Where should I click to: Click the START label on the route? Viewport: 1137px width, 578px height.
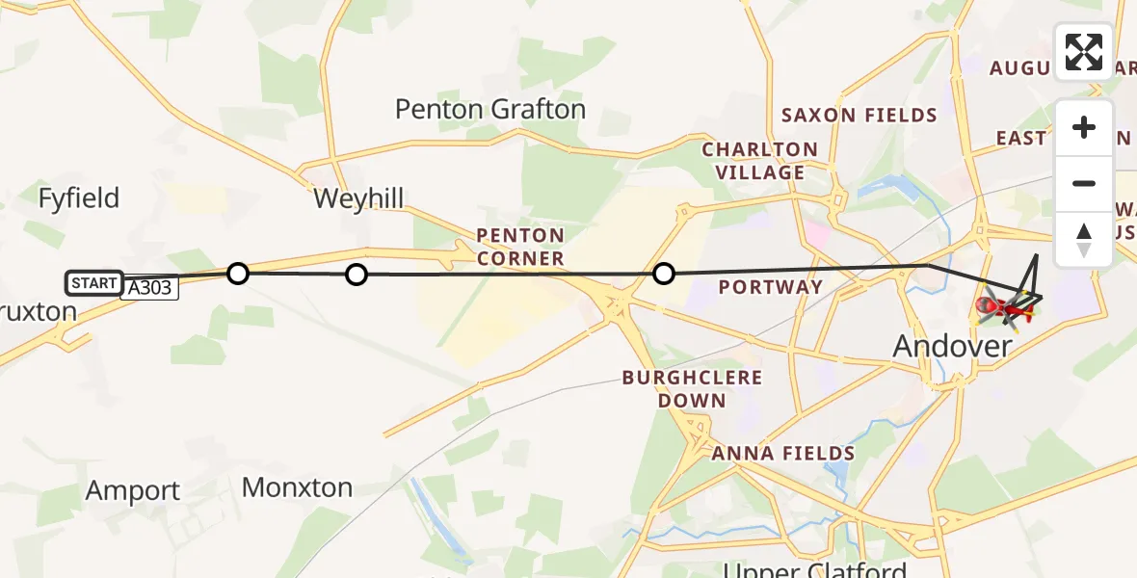coord(93,282)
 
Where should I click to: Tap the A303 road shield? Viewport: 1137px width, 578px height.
coord(149,288)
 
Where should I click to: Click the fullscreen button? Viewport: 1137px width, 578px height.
coord(1084,52)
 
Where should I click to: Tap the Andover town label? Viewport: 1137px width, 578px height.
coord(953,346)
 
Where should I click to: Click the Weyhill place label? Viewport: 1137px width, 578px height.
coord(358,199)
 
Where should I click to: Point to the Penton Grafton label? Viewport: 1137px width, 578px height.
coord(489,110)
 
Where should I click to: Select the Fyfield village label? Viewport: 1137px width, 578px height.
coord(79,198)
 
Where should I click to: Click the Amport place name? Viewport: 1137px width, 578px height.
coord(133,490)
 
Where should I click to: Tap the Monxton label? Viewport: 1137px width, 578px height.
coord(297,487)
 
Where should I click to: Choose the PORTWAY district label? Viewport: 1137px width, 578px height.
coord(771,287)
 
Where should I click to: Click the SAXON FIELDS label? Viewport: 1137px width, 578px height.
coord(859,116)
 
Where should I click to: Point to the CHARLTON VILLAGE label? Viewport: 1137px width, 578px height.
coord(759,161)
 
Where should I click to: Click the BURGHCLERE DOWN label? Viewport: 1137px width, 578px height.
coord(692,388)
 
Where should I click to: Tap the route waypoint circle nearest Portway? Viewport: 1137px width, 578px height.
coord(663,275)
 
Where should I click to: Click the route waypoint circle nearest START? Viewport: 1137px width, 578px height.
coord(238,274)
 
